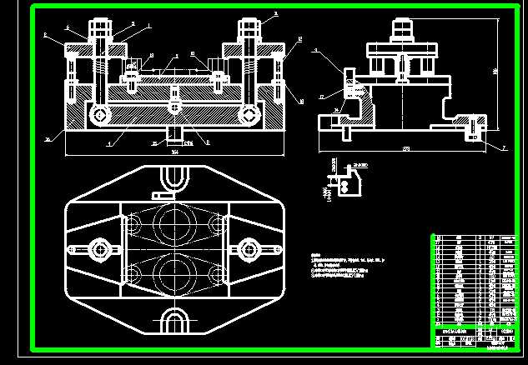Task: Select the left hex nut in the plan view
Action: [x=101, y=248]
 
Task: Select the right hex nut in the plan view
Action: [x=248, y=248]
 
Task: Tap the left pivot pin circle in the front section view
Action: [x=101, y=114]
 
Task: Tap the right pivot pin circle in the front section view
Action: [x=248, y=114]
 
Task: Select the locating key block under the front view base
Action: [x=174, y=132]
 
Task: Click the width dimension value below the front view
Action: [x=174, y=152]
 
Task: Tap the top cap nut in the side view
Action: [x=403, y=28]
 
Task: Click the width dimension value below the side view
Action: [x=405, y=148]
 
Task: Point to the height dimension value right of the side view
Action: [x=494, y=72]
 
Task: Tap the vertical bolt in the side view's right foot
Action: [x=475, y=129]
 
